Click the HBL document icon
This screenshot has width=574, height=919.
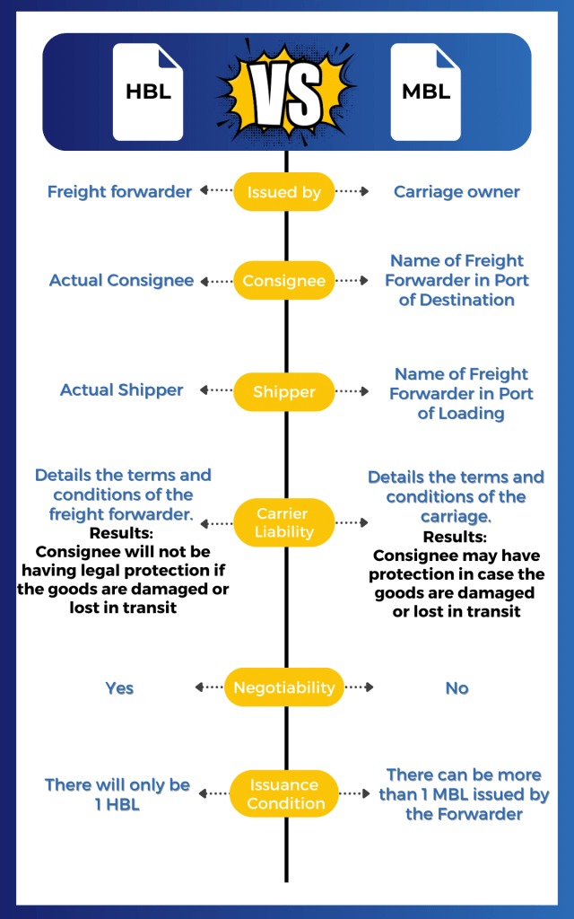click(147, 92)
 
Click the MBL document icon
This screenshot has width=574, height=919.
click(425, 92)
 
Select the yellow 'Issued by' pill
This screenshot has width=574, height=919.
click(284, 192)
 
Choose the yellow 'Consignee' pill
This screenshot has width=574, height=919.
click(284, 281)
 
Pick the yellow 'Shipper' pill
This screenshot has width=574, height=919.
click(284, 391)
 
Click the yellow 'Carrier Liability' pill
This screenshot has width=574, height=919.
click(284, 522)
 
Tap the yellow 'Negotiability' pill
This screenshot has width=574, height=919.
click(284, 687)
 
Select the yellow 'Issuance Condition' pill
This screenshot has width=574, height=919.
click(284, 794)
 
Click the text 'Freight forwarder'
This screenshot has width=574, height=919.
click(119, 191)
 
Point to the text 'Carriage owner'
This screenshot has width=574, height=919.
click(457, 191)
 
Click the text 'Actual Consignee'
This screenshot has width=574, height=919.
click(121, 281)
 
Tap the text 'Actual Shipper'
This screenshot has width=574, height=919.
click(121, 390)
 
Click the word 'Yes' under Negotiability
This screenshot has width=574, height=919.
click(119, 688)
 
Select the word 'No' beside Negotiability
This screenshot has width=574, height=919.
click(457, 688)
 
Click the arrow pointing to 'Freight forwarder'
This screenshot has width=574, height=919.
click(215, 191)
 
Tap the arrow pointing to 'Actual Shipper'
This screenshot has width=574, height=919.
click(215, 391)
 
